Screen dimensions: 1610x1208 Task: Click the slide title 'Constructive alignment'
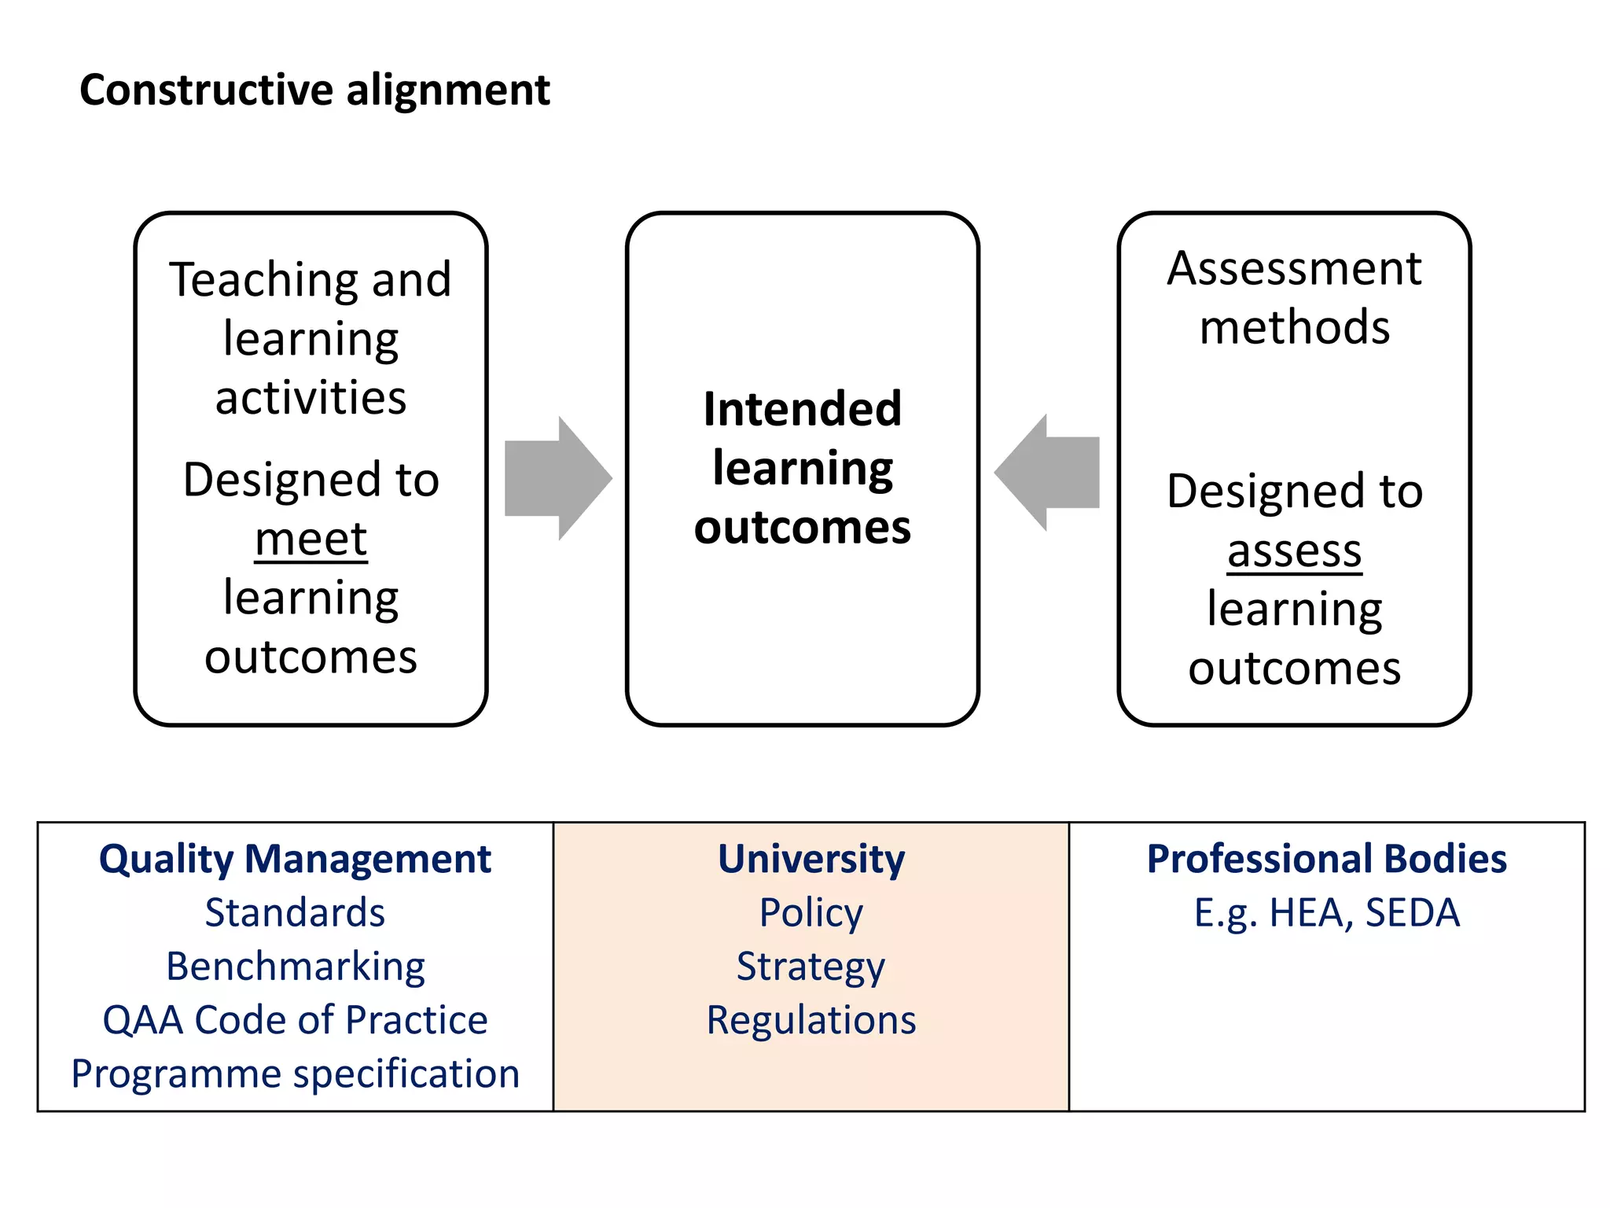coord(314,90)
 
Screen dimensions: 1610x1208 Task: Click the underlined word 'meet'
coord(311,540)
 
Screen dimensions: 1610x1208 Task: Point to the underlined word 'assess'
coord(1294,551)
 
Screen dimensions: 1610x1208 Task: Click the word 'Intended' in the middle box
coord(803,410)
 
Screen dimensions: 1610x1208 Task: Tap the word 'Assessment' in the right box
coord(1294,269)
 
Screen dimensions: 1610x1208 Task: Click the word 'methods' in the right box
coord(1294,327)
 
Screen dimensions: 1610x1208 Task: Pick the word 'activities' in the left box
coord(311,398)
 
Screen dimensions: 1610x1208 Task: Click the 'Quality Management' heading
coord(295,859)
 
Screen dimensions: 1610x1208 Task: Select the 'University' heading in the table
coord(811,859)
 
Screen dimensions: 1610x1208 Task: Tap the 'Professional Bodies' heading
coord(1327,859)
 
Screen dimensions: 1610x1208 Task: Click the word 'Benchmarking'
coord(296,967)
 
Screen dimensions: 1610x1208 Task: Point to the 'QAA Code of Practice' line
coord(296,1020)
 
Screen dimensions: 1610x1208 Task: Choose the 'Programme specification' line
coord(296,1074)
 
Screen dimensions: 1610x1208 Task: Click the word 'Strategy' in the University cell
coord(811,967)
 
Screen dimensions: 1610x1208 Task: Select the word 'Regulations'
coord(811,1020)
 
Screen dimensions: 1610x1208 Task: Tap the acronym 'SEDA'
coord(1412,913)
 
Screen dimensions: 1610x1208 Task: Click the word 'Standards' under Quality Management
coord(296,913)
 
